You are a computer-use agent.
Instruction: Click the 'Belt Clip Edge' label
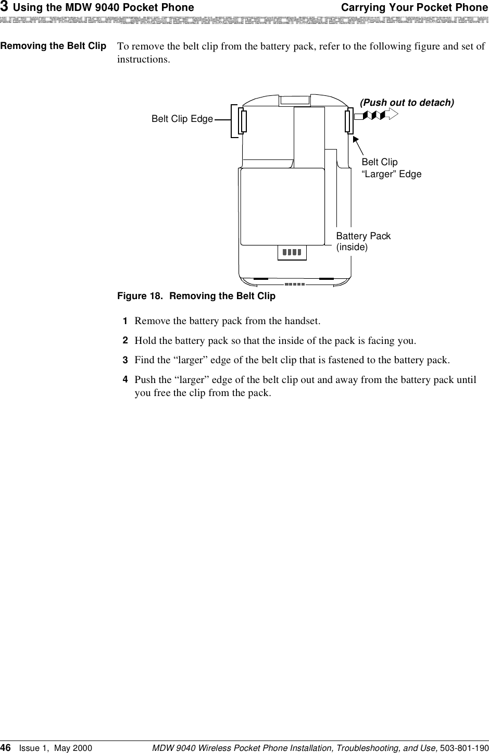tap(182, 119)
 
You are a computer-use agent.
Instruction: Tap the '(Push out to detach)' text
tap(407, 103)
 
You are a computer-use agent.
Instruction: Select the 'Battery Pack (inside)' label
tap(363, 241)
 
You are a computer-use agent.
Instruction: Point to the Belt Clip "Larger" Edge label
tap(391, 168)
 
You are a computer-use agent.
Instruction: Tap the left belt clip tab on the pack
tap(243, 121)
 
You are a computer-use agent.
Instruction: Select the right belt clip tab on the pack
tap(348, 121)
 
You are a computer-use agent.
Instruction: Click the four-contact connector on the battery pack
tap(292, 253)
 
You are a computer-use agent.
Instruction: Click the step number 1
tap(125, 320)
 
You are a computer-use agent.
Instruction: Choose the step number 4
tap(125, 380)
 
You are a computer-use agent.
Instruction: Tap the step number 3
tap(125, 360)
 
